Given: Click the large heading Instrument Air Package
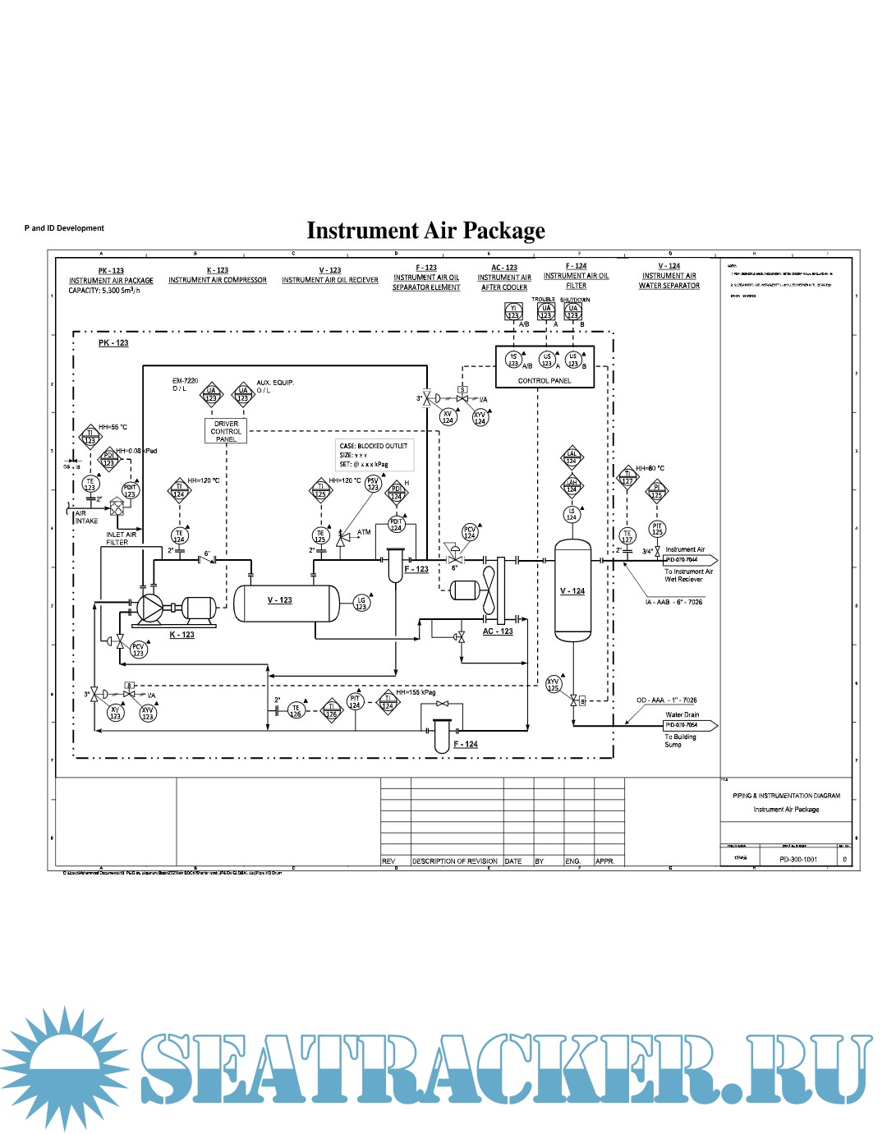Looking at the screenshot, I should click(x=425, y=231).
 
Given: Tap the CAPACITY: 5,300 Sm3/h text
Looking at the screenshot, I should click(x=104, y=291).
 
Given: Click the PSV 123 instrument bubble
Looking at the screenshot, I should click(x=373, y=484).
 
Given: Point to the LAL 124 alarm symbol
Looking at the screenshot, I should click(x=572, y=457).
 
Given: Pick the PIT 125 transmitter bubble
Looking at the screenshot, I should click(x=657, y=529).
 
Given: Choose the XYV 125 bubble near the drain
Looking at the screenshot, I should click(x=554, y=684).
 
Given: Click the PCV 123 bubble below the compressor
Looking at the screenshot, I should click(x=138, y=650).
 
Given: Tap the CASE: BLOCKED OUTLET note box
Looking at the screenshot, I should click(x=374, y=455).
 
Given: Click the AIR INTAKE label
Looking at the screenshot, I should click(x=86, y=517).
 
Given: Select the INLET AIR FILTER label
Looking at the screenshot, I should click(x=121, y=539).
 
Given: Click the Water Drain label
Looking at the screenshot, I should click(x=682, y=714).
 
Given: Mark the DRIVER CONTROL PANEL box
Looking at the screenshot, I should click(x=226, y=431).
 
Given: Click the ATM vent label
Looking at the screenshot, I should click(x=364, y=532).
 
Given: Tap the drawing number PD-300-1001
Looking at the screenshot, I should click(x=798, y=859).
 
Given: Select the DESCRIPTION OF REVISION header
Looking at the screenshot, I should click(x=455, y=861).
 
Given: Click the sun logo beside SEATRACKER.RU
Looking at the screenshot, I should click(x=64, y=1067).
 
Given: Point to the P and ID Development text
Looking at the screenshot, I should click(x=64, y=228).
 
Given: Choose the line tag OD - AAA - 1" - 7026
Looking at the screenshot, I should click(x=666, y=700).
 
